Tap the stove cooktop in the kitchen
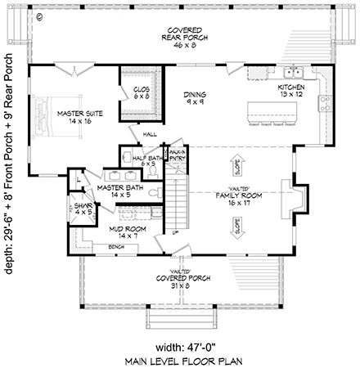click(x=324, y=104)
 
